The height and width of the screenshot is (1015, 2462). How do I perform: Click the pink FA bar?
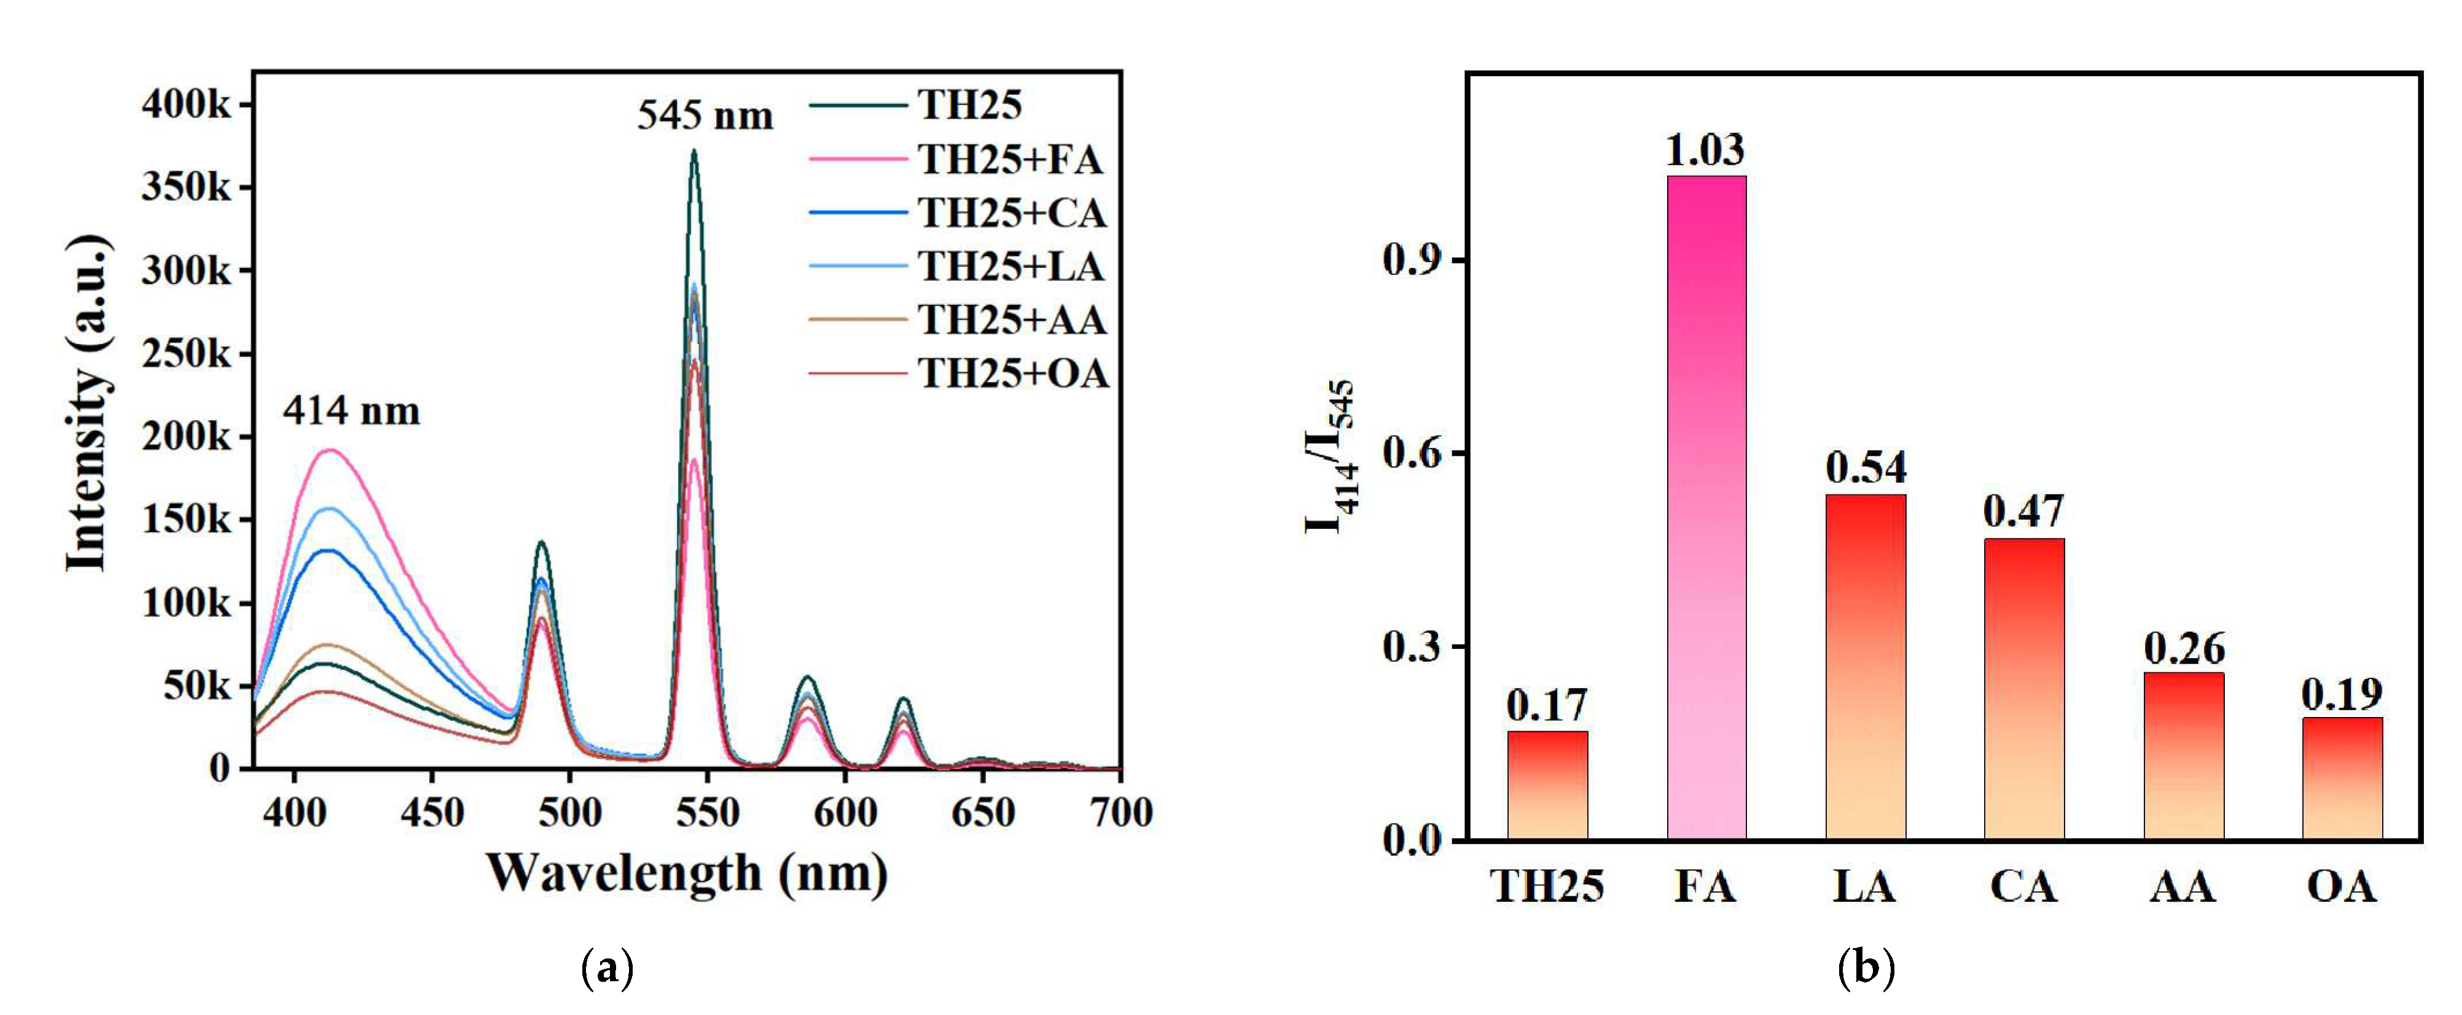(1706, 506)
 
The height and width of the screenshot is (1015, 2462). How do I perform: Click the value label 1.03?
(1705, 150)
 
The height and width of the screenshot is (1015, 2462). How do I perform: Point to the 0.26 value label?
(2184, 649)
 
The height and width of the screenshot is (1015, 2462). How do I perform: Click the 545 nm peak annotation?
(705, 116)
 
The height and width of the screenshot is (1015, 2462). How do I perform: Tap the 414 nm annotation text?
(351, 411)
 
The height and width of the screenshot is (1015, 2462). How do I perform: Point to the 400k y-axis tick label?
(186, 104)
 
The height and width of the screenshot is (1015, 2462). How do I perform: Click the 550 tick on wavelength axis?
(707, 812)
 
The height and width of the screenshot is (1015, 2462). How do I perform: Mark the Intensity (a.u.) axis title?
(88, 401)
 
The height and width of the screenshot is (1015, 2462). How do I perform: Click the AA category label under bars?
(2183, 887)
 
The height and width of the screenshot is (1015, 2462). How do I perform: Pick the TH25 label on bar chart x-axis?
(1547, 887)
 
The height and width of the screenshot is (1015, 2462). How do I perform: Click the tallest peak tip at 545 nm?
(694, 151)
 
